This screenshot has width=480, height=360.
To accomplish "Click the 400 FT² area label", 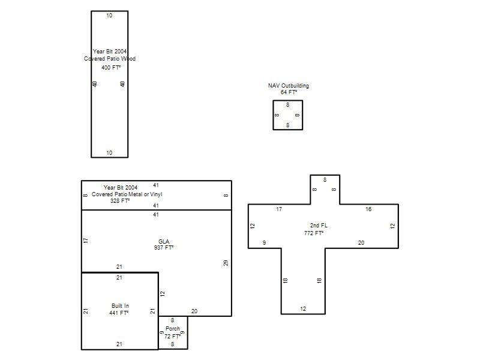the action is tap(111, 67).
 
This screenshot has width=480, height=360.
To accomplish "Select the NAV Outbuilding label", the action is tap(289, 86).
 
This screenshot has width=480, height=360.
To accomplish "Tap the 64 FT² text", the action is tap(289, 92).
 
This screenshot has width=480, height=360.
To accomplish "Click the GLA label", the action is tap(164, 242).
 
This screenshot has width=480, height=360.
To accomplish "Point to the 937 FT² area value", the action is tap(164, 247).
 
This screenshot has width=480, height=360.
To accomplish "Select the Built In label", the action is tap(121, 306).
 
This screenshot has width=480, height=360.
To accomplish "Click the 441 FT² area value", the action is tap(119, 313).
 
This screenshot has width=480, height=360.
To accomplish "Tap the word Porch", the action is tap(173, 328).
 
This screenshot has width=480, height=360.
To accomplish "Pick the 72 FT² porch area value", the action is tap(172, 336).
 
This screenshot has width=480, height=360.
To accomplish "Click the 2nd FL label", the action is tap(319, 226).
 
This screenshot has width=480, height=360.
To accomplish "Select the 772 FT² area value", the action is tap(314, 233).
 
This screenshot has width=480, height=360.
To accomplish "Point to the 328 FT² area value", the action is tap(120, 201).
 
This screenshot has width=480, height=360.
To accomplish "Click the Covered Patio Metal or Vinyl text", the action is tap(127, 194).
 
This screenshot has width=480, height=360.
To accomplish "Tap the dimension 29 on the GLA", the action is tap(226, 263).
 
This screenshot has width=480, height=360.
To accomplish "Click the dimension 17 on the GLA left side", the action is tap(85, 241).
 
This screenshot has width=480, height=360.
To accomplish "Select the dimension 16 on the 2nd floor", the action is tap(368, 209).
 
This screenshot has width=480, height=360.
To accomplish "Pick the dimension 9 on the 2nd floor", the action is tap(264, 243).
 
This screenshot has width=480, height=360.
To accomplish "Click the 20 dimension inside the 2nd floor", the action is tap(361, 243).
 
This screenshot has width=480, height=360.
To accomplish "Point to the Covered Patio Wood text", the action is tap(110, 58).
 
